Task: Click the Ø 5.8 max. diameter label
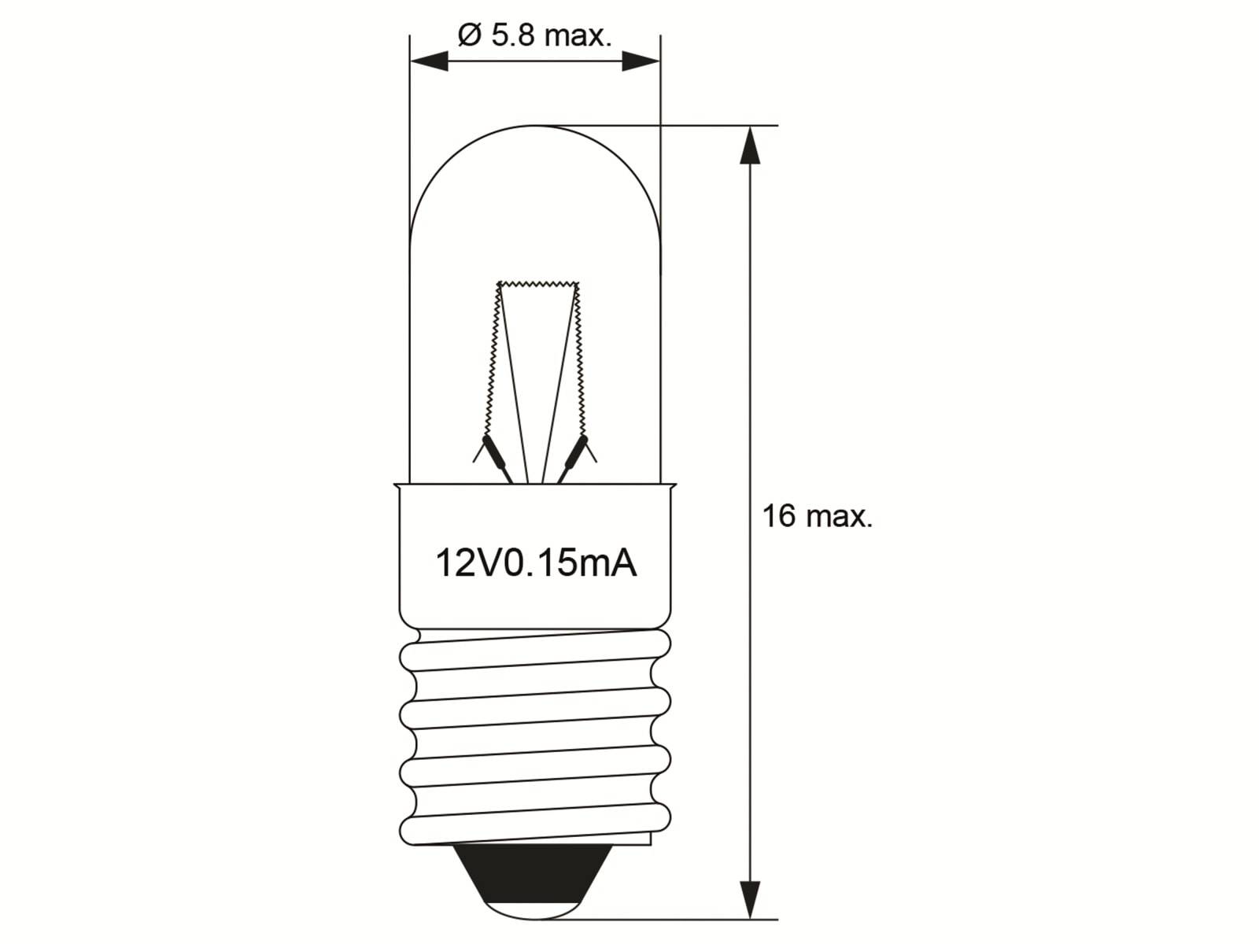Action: (x=534, y=35)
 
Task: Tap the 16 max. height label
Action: (x=817, y=517)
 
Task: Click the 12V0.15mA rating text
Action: (x=535, y=563)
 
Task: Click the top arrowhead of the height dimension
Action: (x=751, y=146)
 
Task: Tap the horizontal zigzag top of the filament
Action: (x=539, y=284)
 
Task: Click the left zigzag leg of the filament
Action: (x=492, y=362)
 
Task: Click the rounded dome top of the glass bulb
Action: (x=535, y=130)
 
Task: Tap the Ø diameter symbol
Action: (x=469, y=35)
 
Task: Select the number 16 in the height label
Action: (x=778, y=517)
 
